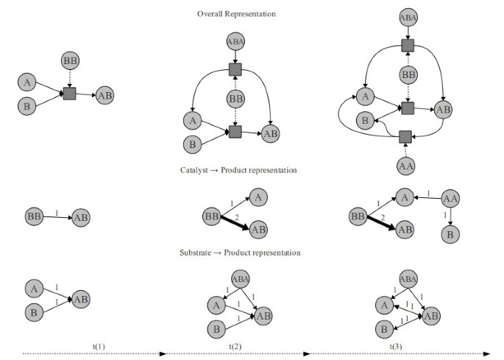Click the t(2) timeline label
tap(235, 345)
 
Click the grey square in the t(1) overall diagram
tap(69, 93)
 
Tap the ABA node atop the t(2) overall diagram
tap(235, 41)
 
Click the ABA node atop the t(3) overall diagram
tap(407, 17)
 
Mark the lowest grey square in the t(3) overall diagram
tap(405, 136)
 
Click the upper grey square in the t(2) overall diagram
tap(235, 69)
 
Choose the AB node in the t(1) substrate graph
tap(82, 300)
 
